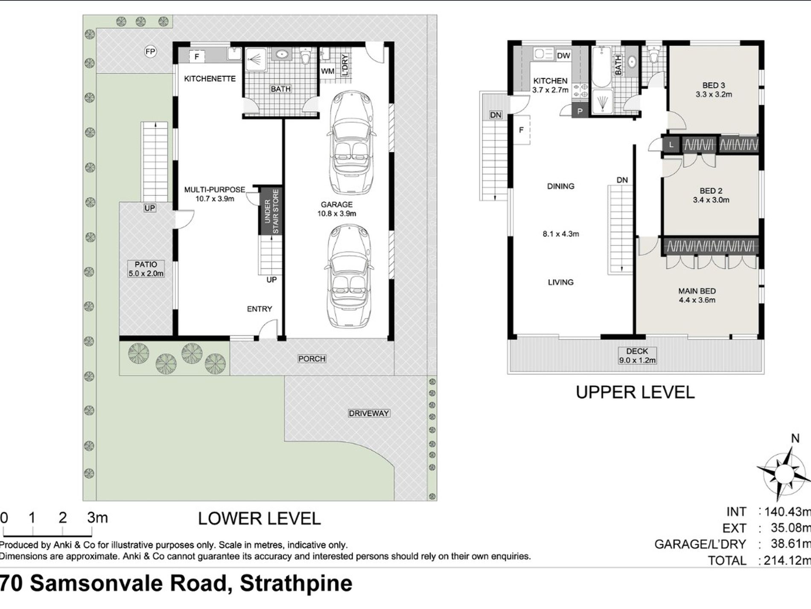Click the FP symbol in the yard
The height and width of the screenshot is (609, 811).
point(150,52)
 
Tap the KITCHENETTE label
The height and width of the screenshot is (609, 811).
point(210,79)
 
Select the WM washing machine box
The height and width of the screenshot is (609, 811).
point(328,71)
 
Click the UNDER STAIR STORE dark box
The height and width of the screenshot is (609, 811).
point(271,211)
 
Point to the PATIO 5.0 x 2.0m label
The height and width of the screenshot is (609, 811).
point(146,269)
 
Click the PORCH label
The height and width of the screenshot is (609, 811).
point(312,359)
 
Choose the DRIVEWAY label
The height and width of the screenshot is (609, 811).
point(369,413)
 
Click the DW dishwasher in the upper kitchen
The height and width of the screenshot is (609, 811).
point(563,56)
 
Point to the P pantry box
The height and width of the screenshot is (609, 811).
point(580,111)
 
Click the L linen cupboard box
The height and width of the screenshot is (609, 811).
point(671,145)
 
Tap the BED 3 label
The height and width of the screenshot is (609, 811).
point(714,85)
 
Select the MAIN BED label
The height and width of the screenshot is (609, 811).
point(697,291)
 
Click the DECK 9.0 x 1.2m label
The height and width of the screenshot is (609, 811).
point(637,356)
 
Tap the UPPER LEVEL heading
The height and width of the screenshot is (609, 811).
point(636,392)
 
